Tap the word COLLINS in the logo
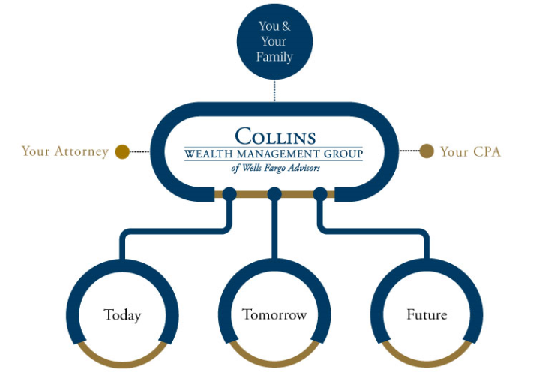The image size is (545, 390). (274, 137)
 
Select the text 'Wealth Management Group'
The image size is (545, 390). (274, 154)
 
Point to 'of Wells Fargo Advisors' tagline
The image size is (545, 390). (275, 169)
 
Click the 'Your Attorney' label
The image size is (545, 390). (65, 151)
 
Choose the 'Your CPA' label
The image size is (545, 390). (470, 151)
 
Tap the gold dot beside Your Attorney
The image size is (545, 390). (122, 151)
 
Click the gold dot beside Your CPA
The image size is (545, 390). (427, 151)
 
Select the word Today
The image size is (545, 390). (122, 315)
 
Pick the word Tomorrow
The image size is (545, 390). (274, 315)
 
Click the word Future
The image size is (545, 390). (427, 315)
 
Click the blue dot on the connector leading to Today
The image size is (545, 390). (229, 195)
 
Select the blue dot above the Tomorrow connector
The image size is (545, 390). (274, 195)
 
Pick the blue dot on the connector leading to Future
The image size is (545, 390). (320, 195)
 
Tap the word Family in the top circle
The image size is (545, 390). (274, 57)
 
